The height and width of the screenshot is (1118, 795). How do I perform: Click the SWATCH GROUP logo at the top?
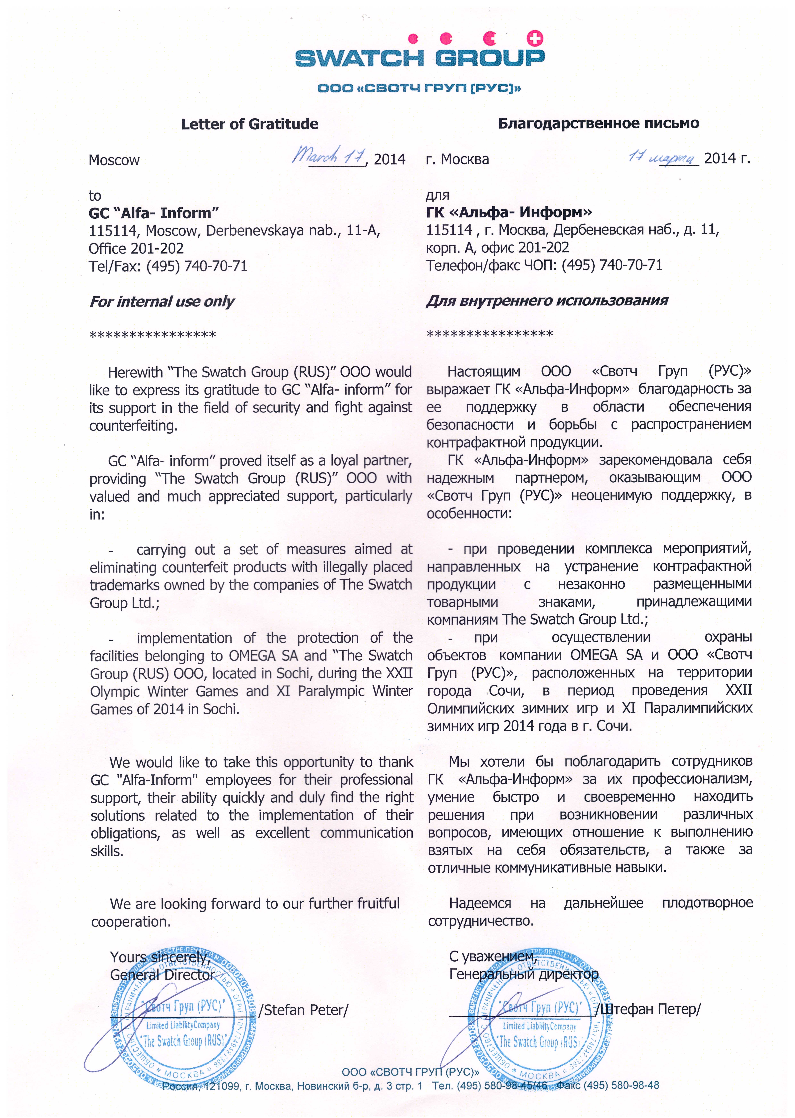point(419,58)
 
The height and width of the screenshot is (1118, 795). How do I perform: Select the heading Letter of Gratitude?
point(250,124)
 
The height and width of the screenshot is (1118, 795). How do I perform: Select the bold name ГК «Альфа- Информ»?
point(509,212)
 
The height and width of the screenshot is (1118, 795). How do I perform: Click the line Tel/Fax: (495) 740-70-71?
point(168,266)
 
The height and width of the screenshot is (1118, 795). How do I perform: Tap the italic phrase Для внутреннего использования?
point(547,300)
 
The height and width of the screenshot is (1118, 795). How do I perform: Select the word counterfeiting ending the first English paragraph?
point(133,426)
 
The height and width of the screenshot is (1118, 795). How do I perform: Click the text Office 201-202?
point(136,248)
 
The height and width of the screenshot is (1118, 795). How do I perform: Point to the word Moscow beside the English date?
point(114,160)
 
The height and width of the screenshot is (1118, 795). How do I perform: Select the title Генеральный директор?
point(523,974)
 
